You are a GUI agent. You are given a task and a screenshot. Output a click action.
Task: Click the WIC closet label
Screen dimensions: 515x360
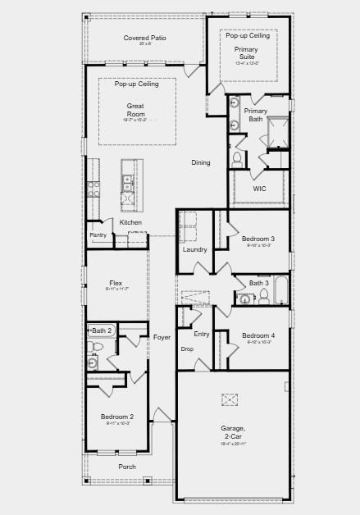[259, 189]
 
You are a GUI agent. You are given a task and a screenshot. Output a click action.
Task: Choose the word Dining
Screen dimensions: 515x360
[201, 162]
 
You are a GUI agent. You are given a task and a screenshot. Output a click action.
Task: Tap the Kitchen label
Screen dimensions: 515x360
[130, 222]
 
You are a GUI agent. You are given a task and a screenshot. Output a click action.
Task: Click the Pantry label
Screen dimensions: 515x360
[98, 235]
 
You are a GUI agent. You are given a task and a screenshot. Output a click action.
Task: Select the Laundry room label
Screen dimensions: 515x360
[194, 249]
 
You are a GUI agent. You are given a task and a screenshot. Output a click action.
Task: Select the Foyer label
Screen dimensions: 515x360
[162, 337]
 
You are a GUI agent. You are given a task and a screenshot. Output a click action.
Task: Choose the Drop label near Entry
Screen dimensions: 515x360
[187, 349]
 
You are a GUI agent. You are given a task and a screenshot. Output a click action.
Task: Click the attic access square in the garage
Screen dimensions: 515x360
[229, 399]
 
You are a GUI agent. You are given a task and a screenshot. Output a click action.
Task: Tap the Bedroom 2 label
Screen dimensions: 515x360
[117, 417]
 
